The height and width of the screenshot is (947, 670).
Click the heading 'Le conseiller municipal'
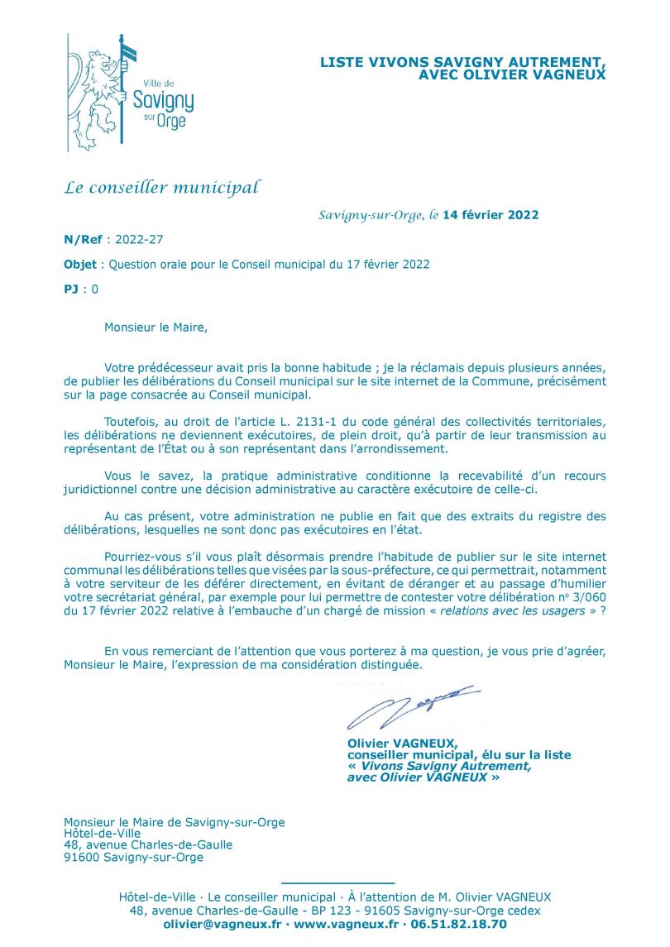pos(161,187)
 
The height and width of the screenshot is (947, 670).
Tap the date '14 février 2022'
pos(491,215)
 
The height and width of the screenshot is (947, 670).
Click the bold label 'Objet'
pos(79,265)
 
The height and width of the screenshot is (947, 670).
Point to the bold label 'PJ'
pos(72,289)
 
